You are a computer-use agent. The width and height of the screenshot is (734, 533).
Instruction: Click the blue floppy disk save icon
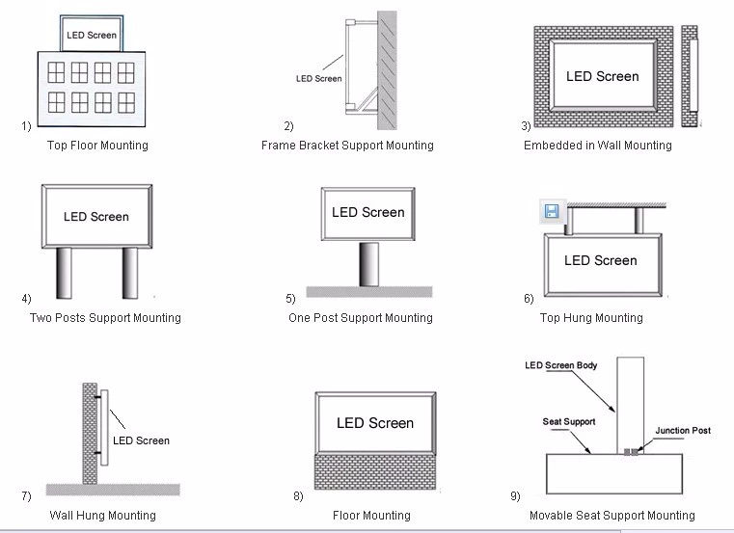(552, 211)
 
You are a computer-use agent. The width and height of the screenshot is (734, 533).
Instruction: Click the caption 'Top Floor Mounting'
(97, 146)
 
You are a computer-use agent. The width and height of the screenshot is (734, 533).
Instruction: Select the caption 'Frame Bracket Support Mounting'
(347, 146)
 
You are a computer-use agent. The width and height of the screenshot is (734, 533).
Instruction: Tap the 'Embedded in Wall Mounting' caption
(598, 146)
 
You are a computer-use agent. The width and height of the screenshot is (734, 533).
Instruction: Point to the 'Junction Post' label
(683, 431)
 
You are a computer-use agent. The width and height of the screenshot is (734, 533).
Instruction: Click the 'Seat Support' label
(569, 421)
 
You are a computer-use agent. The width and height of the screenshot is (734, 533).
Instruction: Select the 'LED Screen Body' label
(560, 365)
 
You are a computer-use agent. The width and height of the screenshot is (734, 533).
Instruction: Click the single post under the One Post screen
(368, 264)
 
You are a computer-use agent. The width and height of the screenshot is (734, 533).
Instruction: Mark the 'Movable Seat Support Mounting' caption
(612, 516)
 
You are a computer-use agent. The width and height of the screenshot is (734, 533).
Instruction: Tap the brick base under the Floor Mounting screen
(375, 471)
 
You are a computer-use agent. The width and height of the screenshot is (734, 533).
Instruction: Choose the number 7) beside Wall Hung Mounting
(26, 495)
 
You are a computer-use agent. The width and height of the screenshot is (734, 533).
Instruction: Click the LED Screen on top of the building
(92, 33)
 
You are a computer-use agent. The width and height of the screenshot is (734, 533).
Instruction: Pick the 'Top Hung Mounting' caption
(591, 318)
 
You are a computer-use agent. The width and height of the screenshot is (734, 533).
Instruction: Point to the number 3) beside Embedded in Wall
(527, 125)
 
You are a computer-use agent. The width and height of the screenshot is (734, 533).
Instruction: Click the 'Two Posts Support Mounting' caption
(105, 318)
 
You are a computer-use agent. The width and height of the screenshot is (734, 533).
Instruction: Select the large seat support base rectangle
(614, 473)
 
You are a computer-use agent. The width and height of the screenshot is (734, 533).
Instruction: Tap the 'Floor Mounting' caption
(371, 516)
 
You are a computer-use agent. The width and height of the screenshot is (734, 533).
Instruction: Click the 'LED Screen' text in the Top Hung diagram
(601, 260)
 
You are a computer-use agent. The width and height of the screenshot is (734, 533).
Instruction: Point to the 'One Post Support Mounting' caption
(361, 318)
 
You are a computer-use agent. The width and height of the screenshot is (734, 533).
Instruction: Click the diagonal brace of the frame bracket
(367, 99)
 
